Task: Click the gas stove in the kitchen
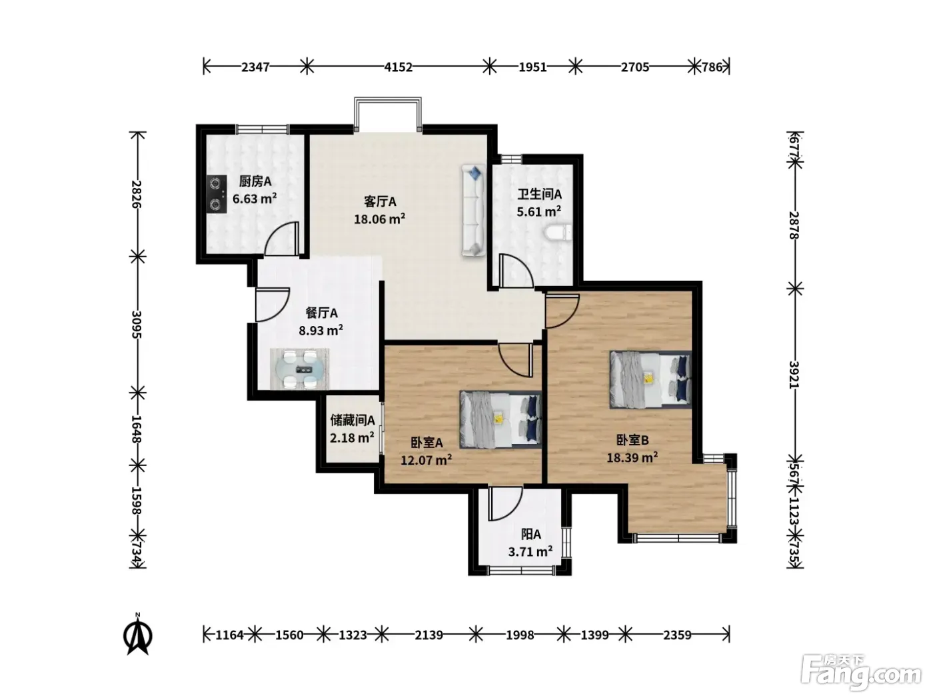click(x=217, y=194)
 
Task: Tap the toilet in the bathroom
click(x=557, y=233)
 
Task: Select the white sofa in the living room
click(x=474, y=211)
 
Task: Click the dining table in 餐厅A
click(x=300, y=369)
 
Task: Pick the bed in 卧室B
click(x=650, y=379)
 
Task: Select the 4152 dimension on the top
click(x=399, y=67)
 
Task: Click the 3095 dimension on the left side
click(x=137, y=324)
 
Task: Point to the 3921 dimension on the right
click(x=794, y=374)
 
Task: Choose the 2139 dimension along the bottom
click(x=429, y=635)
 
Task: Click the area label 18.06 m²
click(x=379, y=219)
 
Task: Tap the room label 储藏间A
click(x=353, y=421)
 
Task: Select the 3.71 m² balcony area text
click(x=530, y=552)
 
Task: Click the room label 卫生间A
click(x=539, y=194)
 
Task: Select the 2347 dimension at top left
click(x=255, y=67)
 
